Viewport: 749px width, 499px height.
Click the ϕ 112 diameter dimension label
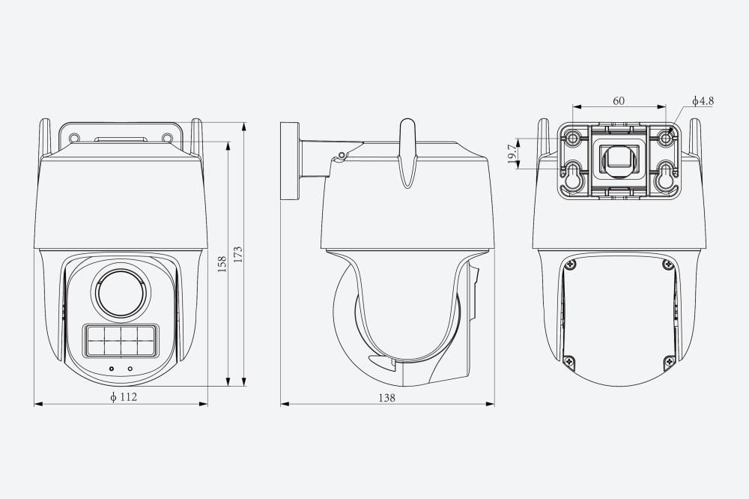pos(124,396)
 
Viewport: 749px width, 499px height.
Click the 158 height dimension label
pos(222,264)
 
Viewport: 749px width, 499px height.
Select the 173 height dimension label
pos(238,254)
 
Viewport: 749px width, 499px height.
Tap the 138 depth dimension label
pos(387,397)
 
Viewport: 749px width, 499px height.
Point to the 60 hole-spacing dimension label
pos(619,101)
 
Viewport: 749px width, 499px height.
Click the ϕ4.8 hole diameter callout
pos(703,101)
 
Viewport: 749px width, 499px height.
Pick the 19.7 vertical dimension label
pos(512,154)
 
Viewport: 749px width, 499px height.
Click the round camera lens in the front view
pos(121,292)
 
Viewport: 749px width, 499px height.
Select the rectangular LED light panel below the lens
pos(121,340)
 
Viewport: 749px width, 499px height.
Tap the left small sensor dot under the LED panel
pos(112,369)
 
